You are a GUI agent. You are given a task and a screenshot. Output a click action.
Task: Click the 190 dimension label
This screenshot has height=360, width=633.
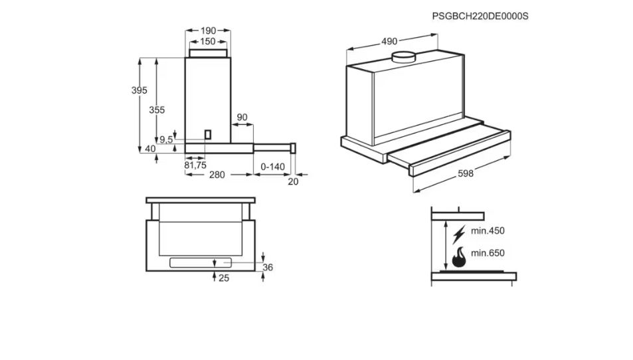tap(208, 31)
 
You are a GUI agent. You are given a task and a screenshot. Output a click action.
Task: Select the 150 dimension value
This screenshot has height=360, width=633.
tap(208, 41)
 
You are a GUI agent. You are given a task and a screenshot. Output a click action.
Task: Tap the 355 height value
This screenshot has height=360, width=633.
tap(157, 110)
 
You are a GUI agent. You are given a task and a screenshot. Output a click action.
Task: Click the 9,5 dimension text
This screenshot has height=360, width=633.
tap(165, 139)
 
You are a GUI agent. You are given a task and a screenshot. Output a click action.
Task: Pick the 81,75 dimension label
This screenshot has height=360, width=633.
tap(195, 165)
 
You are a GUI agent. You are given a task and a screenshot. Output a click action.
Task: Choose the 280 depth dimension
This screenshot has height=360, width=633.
tap(217, 175)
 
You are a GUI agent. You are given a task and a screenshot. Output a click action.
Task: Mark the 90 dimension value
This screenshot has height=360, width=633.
tap(242, 118)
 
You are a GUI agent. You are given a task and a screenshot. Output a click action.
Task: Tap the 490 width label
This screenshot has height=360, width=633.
tap(390, 41)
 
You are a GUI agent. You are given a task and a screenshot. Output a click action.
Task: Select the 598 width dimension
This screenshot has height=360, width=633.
tap(466, 173)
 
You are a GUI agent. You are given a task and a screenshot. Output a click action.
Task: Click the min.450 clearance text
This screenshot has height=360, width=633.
tap(488, 231)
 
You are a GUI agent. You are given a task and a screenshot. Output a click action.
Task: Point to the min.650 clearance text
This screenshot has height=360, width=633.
tap(488, 253)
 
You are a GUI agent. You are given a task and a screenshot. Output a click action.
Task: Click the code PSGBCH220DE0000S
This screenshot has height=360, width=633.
tap(480, 15)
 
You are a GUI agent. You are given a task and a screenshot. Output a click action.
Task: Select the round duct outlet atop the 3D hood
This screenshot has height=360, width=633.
tap(403, 58)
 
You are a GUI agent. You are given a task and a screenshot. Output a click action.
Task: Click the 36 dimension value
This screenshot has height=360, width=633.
tap(268, 267)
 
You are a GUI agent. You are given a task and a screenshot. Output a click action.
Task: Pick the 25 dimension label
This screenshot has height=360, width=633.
tap(224, 278)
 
